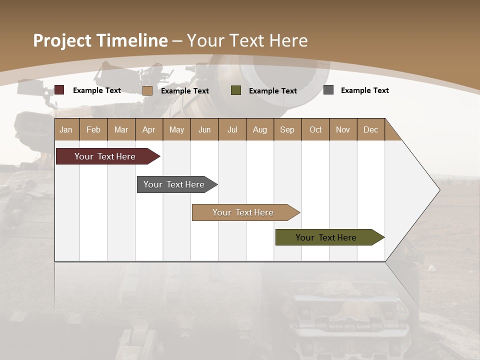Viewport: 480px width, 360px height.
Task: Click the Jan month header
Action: (66, 129)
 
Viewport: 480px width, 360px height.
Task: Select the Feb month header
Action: (93, 129)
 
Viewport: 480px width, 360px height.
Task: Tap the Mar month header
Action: (121, 129)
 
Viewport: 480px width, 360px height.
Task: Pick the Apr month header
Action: (149, 129)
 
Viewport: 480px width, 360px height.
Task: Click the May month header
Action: (176, 129)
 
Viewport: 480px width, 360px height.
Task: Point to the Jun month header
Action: (204, 129)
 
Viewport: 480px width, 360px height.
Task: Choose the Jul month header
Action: (232, 129)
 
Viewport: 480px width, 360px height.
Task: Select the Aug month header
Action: (260, 129)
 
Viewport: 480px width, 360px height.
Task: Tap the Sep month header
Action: (287, 129)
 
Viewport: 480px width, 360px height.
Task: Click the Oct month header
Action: (315, 129)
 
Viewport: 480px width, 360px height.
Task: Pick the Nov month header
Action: (343, 129)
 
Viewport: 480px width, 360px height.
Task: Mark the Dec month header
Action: (370, 129)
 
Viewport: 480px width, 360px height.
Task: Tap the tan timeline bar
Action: (243, 212)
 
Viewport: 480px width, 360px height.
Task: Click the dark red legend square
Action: (59, 90)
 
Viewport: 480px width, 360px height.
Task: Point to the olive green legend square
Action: (236, 90)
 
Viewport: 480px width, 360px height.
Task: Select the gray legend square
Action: (328, 90)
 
